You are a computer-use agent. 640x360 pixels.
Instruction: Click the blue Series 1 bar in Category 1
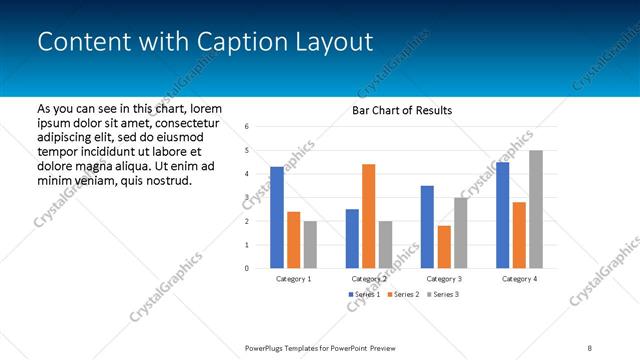(277, 217)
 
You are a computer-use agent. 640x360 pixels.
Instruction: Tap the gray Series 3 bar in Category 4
(536, 209)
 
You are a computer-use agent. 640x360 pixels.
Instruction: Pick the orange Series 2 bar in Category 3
(444, 247)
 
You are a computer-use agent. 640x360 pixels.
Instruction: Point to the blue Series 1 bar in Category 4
(502, 215)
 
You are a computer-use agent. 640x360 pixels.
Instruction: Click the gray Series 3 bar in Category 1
(310, 244)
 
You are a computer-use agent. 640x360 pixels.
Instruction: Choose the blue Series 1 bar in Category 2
(352, 238)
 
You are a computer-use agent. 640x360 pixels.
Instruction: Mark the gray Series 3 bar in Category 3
(460, 233)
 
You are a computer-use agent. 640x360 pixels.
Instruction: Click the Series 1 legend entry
(363, 295)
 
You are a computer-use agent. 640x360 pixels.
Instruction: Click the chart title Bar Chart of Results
(402, 110)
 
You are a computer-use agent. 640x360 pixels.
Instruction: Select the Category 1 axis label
(294, 279)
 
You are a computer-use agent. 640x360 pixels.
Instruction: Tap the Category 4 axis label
(519, 279)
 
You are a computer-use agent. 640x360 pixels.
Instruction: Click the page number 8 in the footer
(590, 348)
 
